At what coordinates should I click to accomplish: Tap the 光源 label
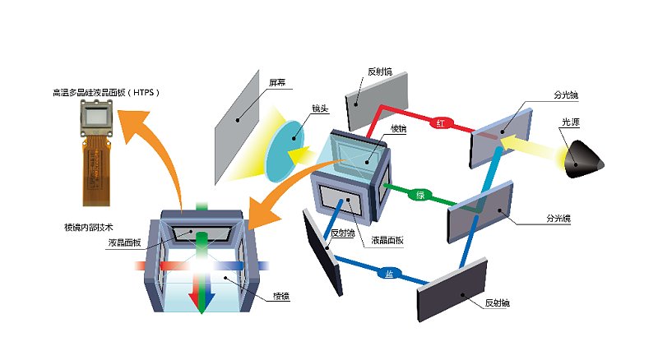click(571, 122)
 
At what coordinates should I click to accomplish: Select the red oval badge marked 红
click(440, 123)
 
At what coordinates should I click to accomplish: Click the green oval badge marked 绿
click(420, 195)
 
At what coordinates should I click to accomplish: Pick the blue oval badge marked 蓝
click(389, 274)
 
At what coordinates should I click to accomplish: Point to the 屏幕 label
click(277, 83)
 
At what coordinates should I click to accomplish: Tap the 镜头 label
click(320, 108)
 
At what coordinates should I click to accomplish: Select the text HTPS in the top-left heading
click(143, 92)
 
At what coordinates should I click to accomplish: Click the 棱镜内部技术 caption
click(89, 228)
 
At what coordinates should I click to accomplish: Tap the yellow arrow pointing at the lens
click(301, 155)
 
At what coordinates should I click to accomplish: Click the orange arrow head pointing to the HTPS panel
click(132, 126)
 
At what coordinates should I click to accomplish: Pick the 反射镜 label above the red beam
click(380, 72)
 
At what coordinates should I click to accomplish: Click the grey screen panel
click(237, 127)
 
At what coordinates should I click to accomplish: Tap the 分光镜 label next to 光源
click(566, 95)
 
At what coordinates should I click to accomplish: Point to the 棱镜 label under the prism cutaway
click(281, 296)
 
